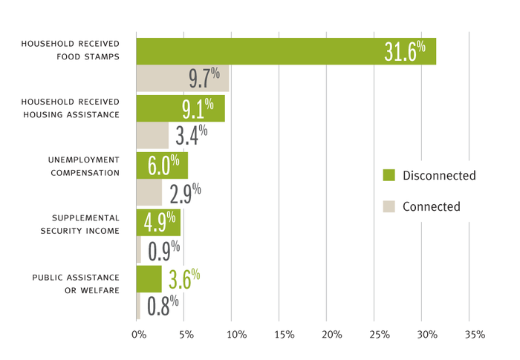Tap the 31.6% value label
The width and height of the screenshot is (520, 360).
click(x=405, y=50)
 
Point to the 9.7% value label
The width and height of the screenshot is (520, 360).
click(x=204, y=79)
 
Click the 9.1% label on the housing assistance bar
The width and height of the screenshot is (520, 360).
click(x=198, y=108)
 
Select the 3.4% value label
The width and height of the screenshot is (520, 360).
click(x=191, y=136)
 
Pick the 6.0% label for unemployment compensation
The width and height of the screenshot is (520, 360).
click(x=163, y=166)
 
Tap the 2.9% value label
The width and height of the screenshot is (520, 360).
click(x=185, y=193)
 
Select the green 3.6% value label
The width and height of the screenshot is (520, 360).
click(x=184, y=279)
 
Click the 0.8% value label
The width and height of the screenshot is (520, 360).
click(x=163, y=306)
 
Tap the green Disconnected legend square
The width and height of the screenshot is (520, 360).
click(x=388, y=175)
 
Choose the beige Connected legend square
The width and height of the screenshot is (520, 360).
click(x=388, y=206)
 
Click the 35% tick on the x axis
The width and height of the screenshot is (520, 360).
click(x=474, y=336)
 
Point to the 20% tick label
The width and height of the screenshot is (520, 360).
click(x=331, y=336)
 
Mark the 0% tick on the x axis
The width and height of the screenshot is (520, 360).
click(x=139, y=336)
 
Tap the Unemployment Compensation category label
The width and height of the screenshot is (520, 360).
click(x=83, y=166)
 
